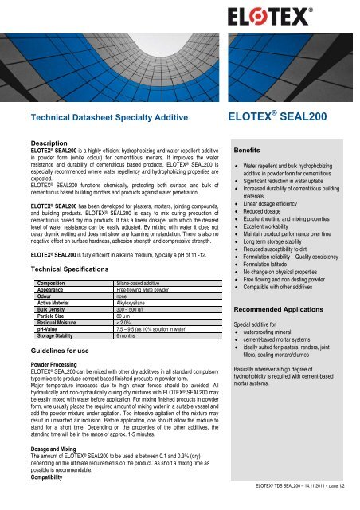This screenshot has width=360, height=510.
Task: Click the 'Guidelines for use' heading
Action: coord(53,351)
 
